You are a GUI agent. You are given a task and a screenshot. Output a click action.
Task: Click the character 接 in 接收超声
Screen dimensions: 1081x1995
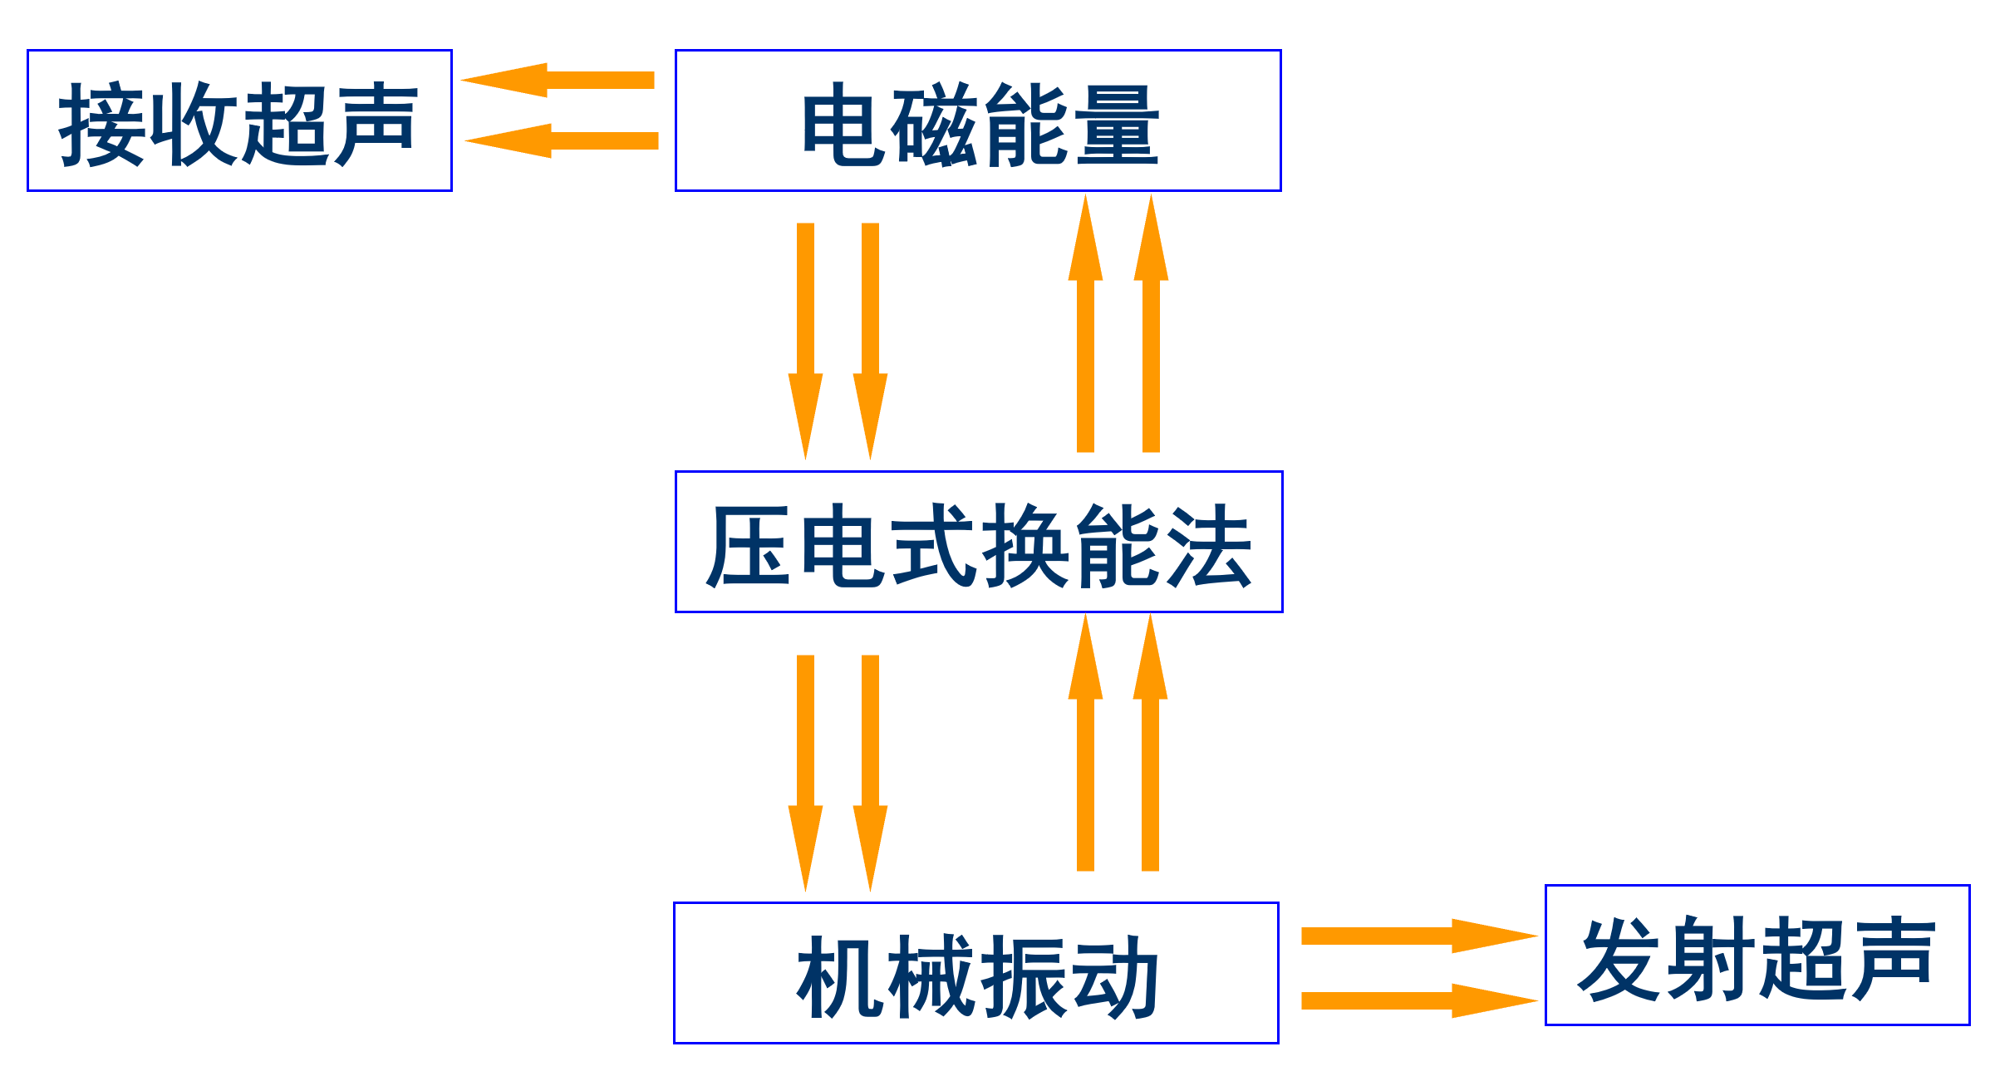[x=101, y=124]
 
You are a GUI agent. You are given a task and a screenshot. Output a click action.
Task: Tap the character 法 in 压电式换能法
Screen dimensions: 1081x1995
[x=1208, y=546]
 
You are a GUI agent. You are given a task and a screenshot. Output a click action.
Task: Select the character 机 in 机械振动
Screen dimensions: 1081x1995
[x=841, y=977]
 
